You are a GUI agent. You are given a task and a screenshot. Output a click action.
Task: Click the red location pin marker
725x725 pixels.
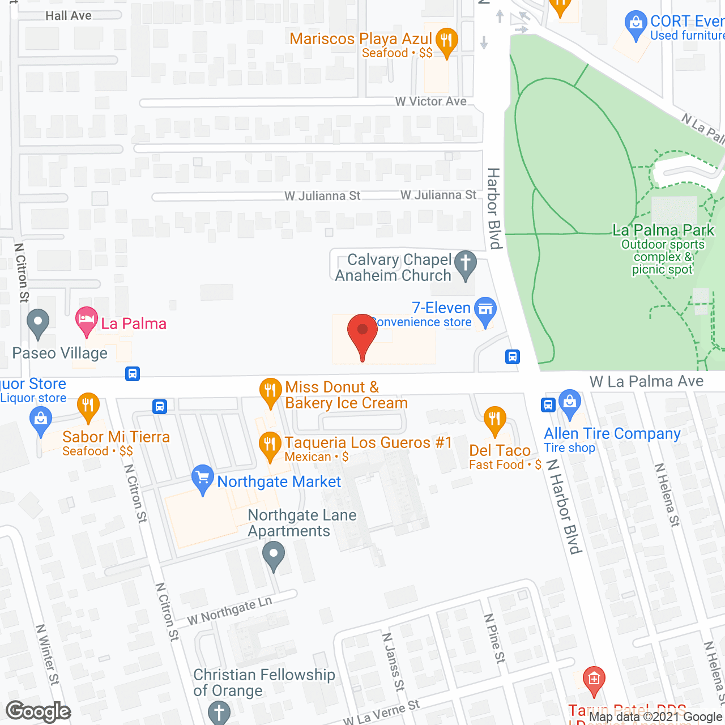click(x=362, y=334)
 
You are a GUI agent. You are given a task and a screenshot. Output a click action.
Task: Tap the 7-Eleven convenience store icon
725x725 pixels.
click(x=485, y=309)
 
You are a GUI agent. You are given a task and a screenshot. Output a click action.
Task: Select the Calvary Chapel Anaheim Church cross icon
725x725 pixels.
click(x=466, y=263)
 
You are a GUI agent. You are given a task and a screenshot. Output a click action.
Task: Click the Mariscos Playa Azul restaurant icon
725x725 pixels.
click(x=447, y=40)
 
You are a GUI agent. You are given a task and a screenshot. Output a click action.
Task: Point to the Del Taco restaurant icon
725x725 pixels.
click(x=495, y=420)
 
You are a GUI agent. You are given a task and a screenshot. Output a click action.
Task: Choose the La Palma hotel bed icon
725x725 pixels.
click(x=86, y=320)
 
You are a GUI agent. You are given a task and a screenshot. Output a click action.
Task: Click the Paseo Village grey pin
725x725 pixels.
click(x=38, y=323)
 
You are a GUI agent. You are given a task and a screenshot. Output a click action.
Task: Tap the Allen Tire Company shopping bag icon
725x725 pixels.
click(x=570, y=402)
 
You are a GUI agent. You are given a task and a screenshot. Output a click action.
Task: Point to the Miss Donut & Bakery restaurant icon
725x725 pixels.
click(x=270, y=390)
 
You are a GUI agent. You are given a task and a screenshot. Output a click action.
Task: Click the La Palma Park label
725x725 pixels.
click(x=663, y=230)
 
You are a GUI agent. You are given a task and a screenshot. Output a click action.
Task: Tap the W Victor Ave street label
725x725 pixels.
click(x=431, y=101)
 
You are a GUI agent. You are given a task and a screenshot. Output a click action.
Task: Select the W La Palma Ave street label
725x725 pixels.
click(x=646, y=381)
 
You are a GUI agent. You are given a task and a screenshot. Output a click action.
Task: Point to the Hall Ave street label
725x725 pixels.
click(x=69, y=16)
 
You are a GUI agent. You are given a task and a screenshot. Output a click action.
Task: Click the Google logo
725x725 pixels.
click(x=39, y=711)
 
